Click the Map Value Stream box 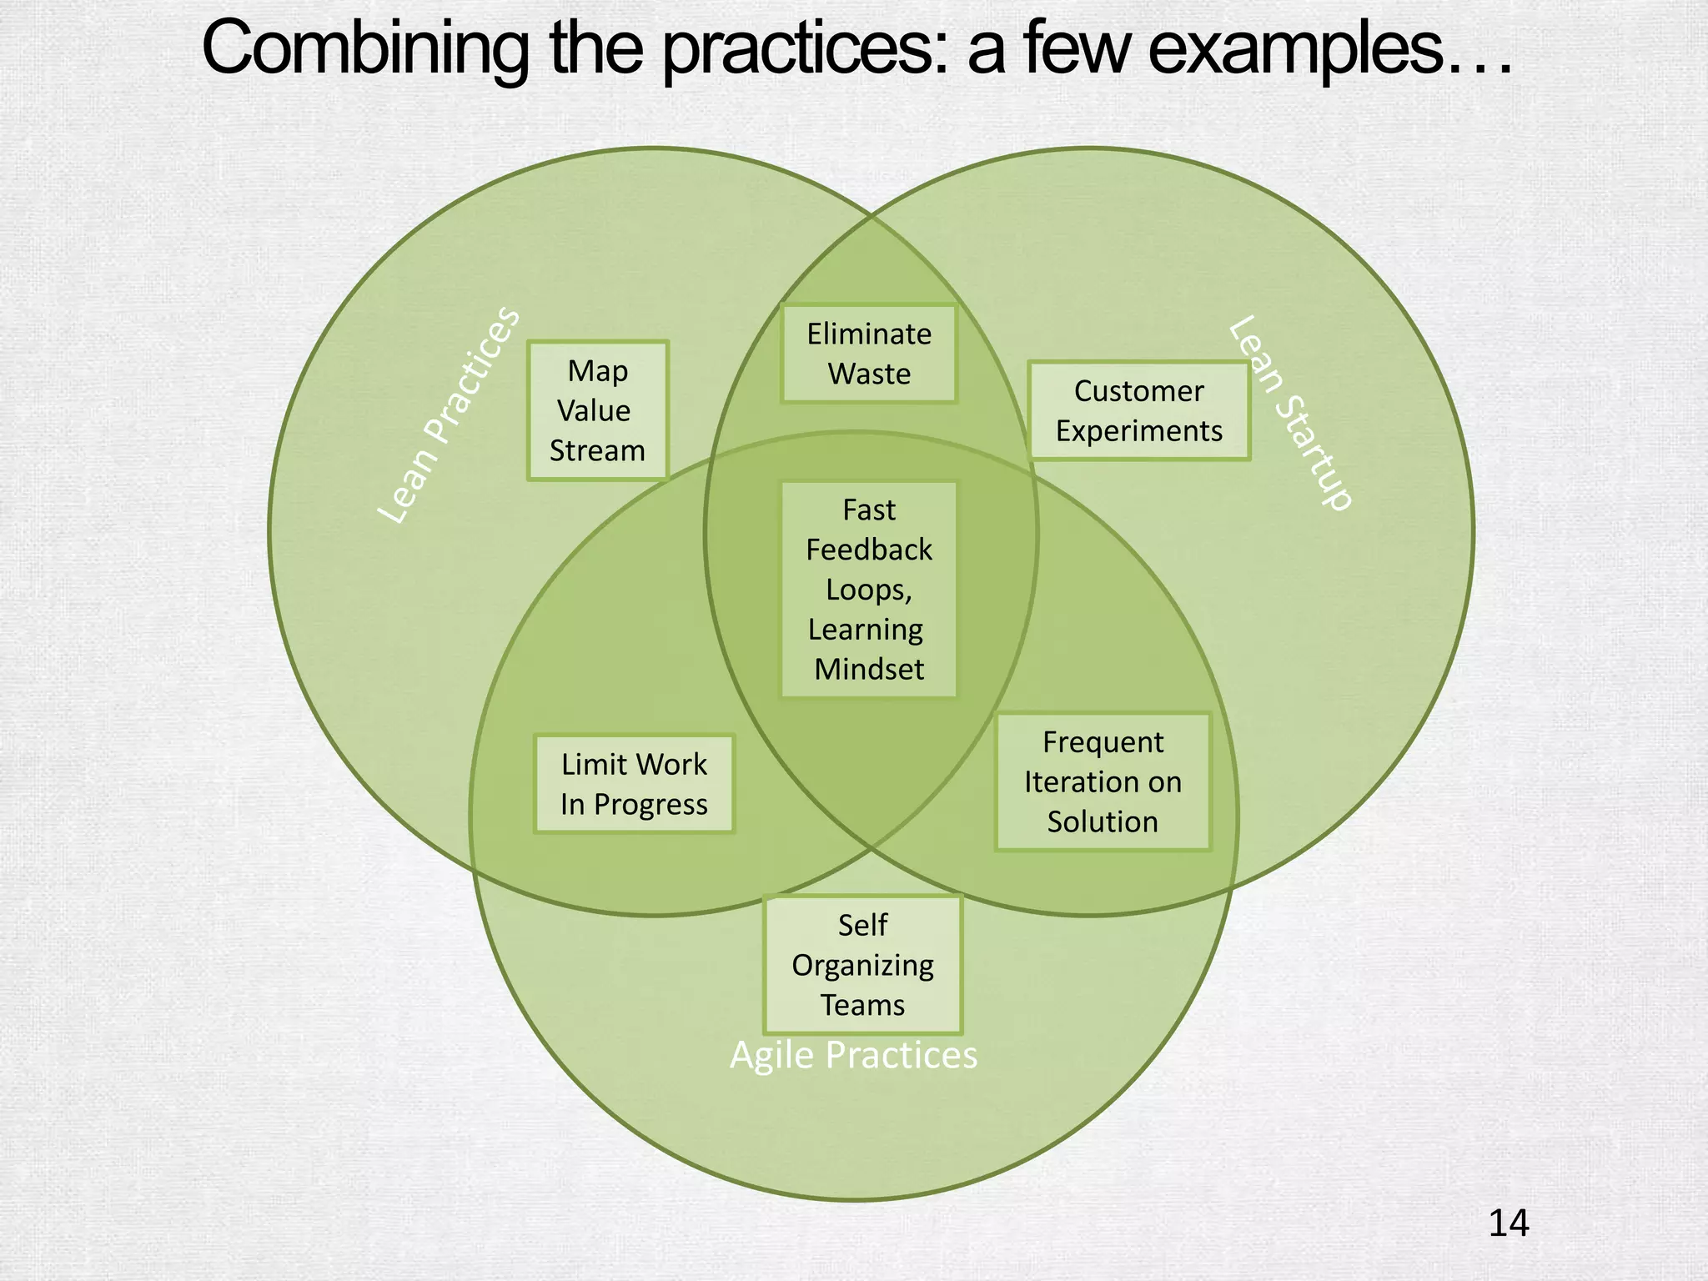tap(597, 410)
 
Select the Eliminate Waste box tap(868, 354)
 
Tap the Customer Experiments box tap(1138, 410)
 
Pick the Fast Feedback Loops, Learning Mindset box tap(868, 589)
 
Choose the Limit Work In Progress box tap(634, 784)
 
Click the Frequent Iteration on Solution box tap(1103, 781)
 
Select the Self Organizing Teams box tap(862, 965)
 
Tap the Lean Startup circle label tap(1289, 412)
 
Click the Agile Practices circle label tap(853, 1055)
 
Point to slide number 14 tap(1508, 1223)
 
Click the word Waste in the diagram tap(868, 374)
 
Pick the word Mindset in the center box tap(868, 669)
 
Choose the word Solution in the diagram tap(1103, 821)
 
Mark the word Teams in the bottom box tap(862, 1005)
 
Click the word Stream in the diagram tap(597, 450)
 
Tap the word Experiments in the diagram tap(1138, 430)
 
